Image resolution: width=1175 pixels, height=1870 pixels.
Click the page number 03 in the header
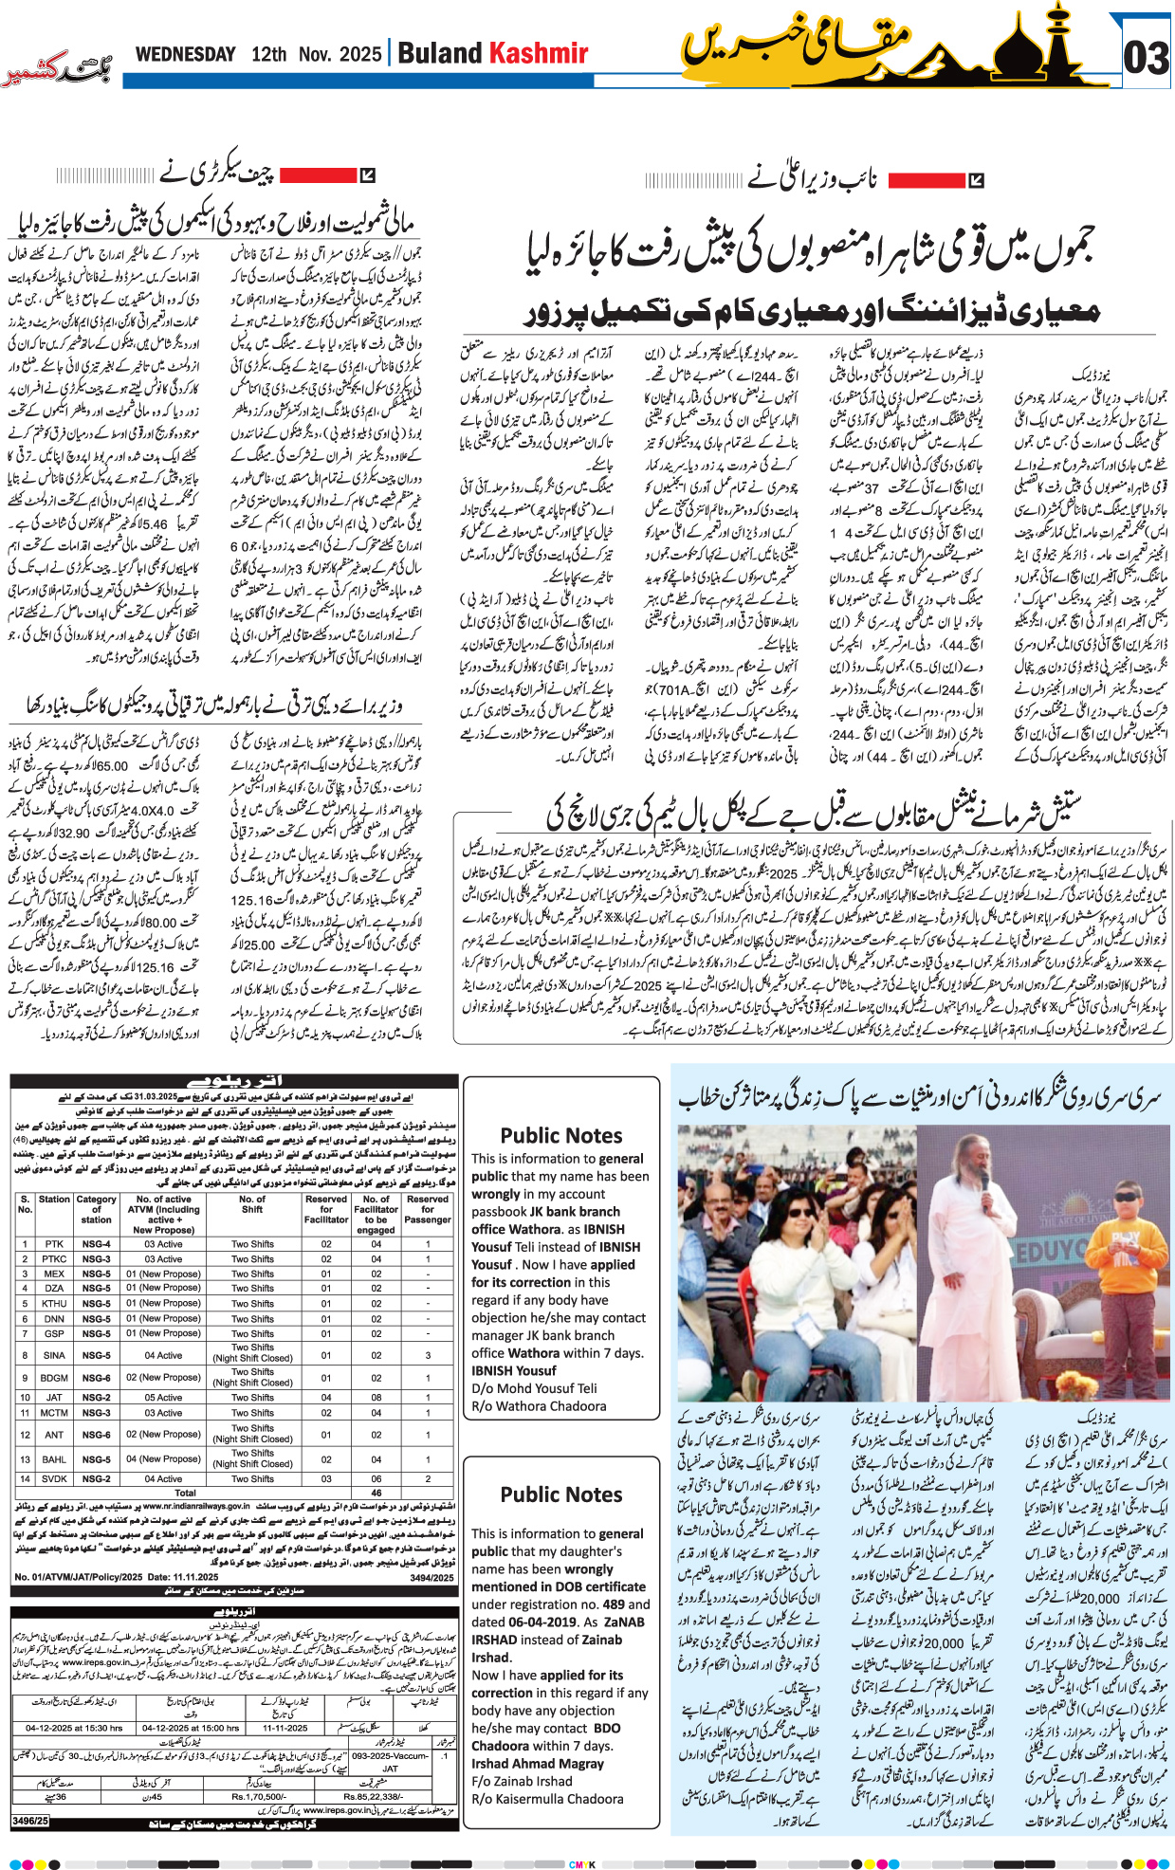(x=1146, y=59)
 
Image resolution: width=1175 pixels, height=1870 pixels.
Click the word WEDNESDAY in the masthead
(x=185, y=54)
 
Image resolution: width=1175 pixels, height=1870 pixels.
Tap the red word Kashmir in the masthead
(x=539, y=53)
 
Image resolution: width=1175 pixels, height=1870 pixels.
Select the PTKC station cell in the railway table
(x=54, y=1258)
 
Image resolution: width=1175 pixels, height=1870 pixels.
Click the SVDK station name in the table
(x=54, y=1478)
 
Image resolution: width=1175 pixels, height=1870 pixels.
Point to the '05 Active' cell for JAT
(x=163, y=1397)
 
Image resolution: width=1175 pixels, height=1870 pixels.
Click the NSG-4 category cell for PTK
(x=96, y=1243)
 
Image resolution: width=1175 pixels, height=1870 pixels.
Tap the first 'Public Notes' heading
(x=561, y=1135)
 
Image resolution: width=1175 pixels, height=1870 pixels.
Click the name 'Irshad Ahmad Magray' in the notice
(x=538, y=1763)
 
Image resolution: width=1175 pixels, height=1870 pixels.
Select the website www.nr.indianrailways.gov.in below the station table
(x=196, y=1505)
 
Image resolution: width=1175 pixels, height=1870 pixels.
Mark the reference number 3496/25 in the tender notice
(x=29, y=1820)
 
